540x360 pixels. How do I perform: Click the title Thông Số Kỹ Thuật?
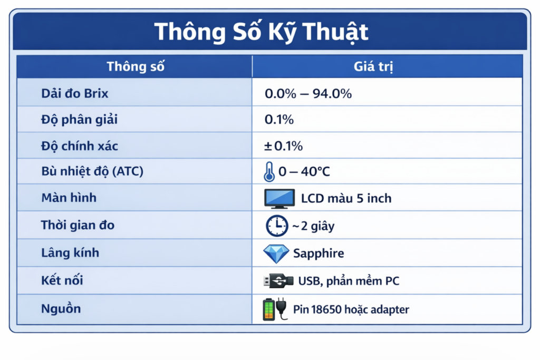pyautogui.click(x=261, y=32)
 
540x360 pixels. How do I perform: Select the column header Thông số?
pyautogui.click(x=136, y=66)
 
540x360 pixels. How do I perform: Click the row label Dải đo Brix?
pyautogui.click(x=74, y=93)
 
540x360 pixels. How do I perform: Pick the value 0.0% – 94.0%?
pyautogui.click(x=308, y=94)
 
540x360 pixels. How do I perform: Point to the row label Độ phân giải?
pyautogui.click(x=79, y=120)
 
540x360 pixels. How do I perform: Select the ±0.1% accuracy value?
pyautogui.click(x=284, y=146)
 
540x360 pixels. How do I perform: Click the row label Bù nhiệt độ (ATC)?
pyautogui.click(x=92, y=171)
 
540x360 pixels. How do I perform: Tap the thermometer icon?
pyautogui.click(x=269, y=172)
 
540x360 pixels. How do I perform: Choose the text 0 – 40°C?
pyautogui.click(x=304, y=172)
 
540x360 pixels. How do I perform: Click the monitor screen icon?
pyautogui.click(x=279, y=199)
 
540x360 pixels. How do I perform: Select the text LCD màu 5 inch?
pyautogui.click(x=346, y=199)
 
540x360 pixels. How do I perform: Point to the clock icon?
pyautogui.click(x=276, y=226)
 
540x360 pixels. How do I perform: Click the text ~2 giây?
pyautogui.click(x=313, y=226)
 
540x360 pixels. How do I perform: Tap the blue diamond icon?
pyautogui.click(x=276, y=254)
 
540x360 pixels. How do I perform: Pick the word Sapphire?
pyautogui.click(x=319, y=254)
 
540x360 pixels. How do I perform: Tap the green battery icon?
pyautogui.click(x=269, y=309)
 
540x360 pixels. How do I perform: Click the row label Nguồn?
pyautogui.click(x=61, y=308)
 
